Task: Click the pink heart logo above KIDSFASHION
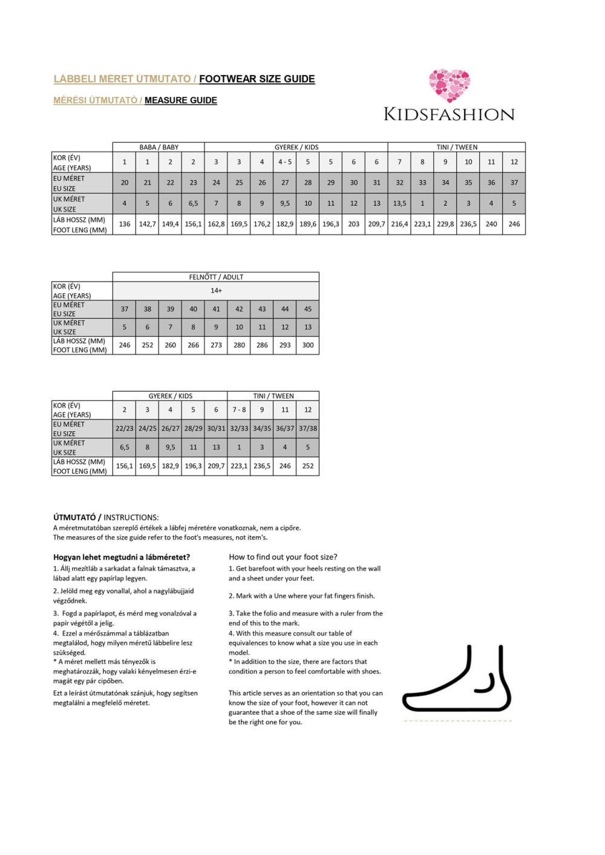[450, 85]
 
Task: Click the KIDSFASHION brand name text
[449, 114]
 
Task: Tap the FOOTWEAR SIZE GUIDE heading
[257, 79]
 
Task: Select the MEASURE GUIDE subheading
[180, 100]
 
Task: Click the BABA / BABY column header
[159, 147]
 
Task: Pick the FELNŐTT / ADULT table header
[216, 277]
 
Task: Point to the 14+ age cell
[216, 291]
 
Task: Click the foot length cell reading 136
[125, 224]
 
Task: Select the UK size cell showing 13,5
[399, 204]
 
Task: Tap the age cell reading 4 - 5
[285, 162]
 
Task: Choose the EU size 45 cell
[308, 309]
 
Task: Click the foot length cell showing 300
[308, 345]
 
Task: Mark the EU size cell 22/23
[125, 429]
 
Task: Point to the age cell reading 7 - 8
[239, 410]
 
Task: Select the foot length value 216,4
[399, 224]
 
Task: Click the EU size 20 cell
[125, 183]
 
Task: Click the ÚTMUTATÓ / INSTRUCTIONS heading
[106, 518]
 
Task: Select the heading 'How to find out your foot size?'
[283, 557]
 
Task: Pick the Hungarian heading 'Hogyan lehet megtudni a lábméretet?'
[122, 557]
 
